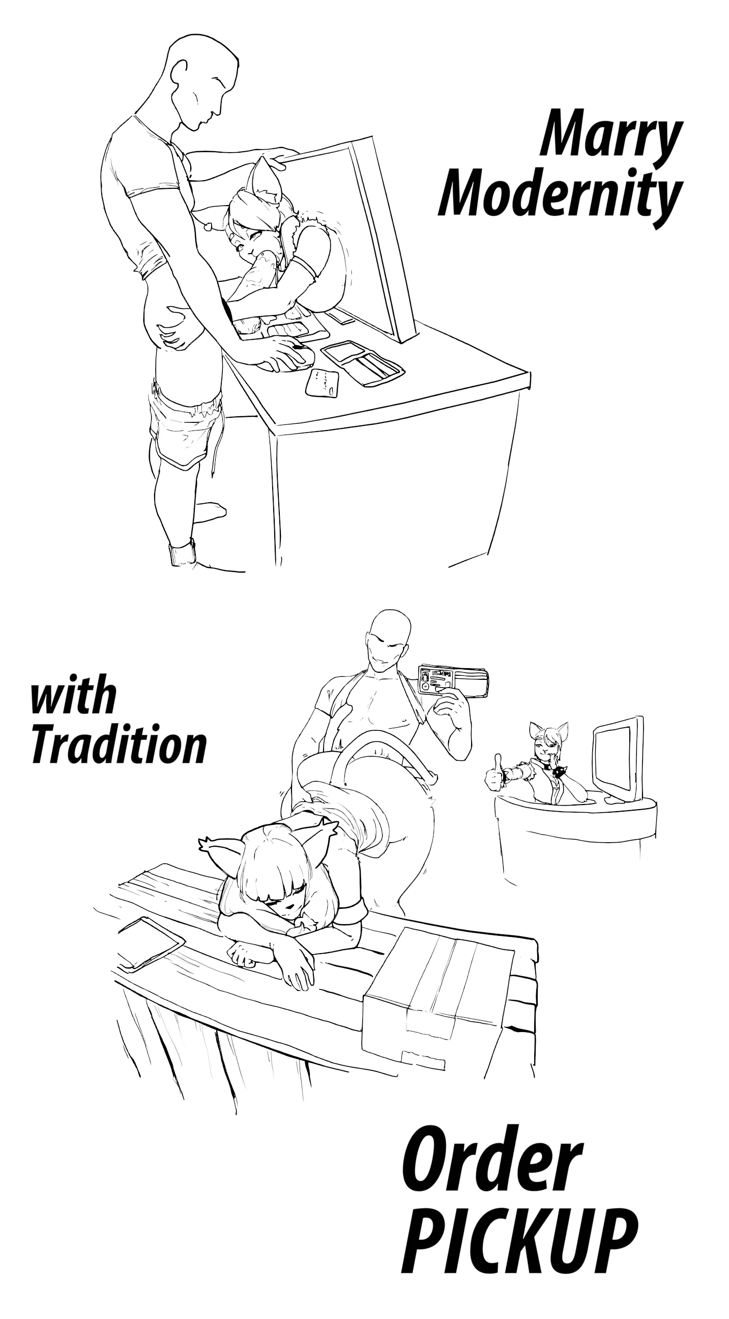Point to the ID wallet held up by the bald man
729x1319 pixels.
click(x=453, y=680)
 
